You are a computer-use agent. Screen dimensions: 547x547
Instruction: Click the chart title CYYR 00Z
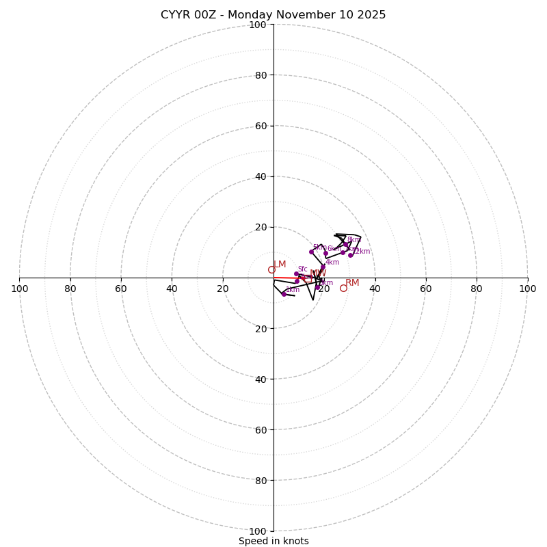273,15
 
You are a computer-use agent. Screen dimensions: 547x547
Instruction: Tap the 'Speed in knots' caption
273,541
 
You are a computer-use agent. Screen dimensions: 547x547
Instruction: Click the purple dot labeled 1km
284,294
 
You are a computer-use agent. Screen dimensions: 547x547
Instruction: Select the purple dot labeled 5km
311,252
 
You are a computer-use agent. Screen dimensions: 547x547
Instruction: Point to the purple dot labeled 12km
350,255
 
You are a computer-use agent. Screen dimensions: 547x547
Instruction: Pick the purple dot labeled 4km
323,267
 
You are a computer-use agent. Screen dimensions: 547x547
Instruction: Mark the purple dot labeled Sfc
296,273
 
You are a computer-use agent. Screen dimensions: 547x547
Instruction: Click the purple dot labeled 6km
325,253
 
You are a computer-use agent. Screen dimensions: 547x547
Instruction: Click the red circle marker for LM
271,270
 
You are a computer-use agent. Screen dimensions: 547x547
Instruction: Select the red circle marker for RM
343,289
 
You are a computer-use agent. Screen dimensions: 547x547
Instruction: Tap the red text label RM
352,282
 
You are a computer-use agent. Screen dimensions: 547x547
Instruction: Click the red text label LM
280,264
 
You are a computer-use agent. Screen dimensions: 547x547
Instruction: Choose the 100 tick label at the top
258,25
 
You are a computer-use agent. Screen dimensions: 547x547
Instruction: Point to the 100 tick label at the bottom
258,531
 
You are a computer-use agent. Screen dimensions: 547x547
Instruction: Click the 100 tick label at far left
20,289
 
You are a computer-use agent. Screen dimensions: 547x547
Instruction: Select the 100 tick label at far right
527,289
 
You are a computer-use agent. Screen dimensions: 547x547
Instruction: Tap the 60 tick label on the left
121,289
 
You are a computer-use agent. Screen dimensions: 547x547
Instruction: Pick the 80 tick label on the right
477,289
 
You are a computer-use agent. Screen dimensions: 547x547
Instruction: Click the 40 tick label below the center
261,379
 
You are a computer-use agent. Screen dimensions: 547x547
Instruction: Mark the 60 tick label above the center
261,126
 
